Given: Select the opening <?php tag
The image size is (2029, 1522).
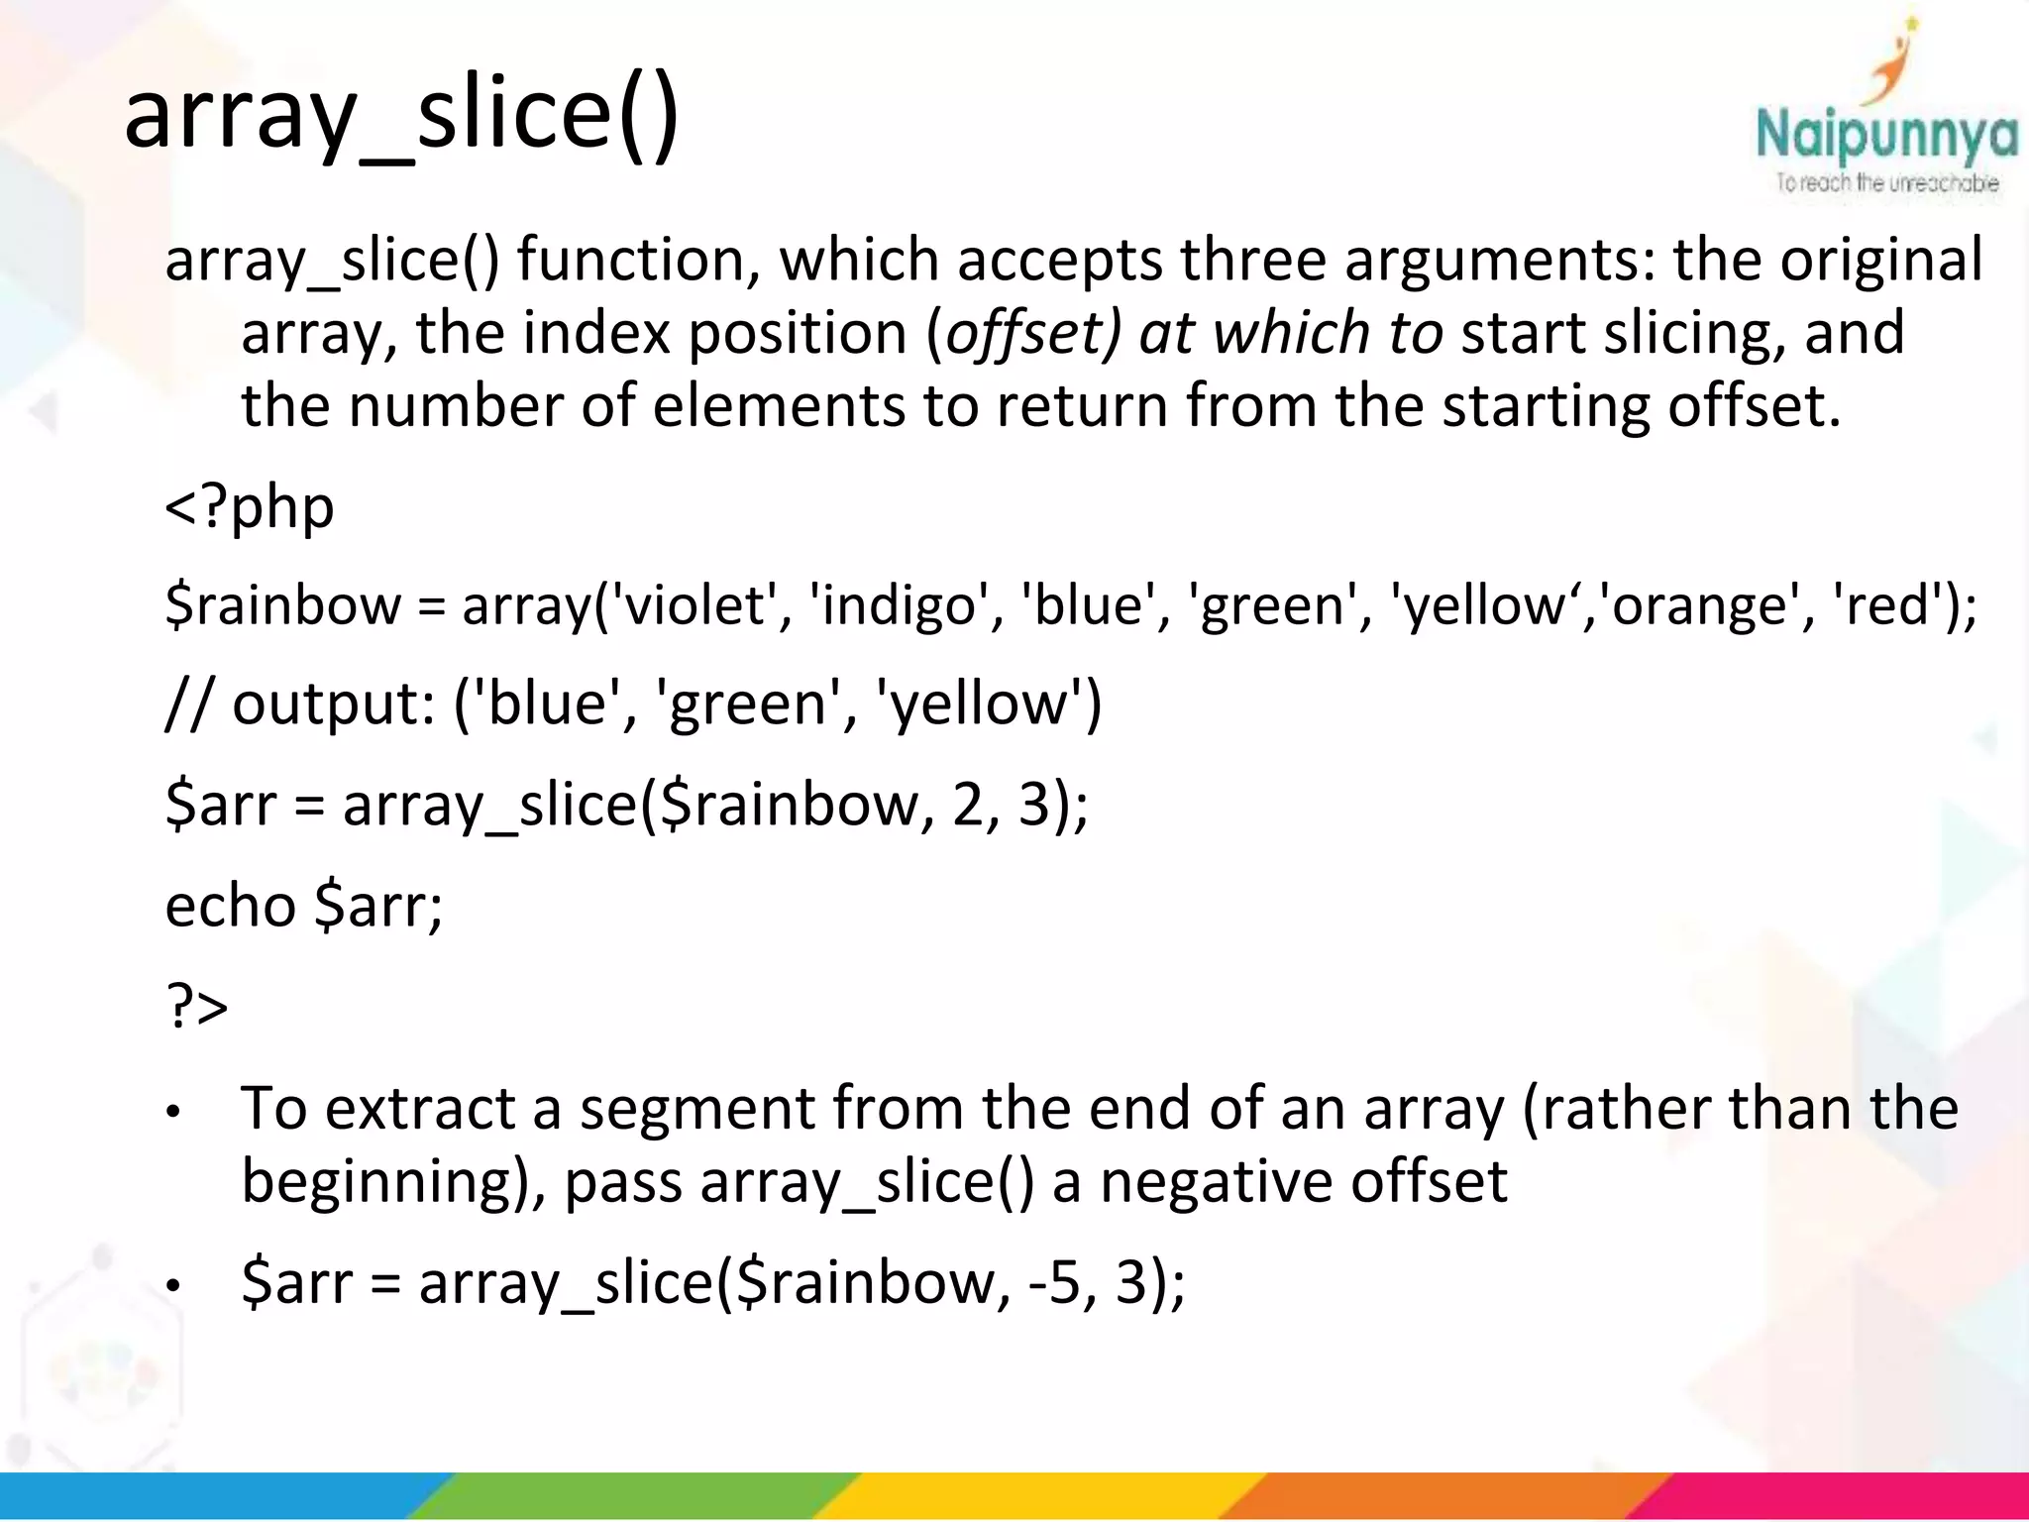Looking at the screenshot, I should (250, 507).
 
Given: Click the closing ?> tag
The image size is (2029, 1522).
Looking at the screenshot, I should (197, 1007).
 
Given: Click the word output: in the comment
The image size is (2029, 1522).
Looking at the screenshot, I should (334, 705).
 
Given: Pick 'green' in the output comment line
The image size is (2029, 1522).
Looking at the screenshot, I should (747, 705).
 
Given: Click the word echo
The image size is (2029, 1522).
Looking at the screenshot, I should (230, 906).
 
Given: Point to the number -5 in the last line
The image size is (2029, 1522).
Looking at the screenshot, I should (1054, 1282).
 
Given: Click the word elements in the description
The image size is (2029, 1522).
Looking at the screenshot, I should (779, 406).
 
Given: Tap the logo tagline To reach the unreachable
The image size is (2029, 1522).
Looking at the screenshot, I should (1886, 183).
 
